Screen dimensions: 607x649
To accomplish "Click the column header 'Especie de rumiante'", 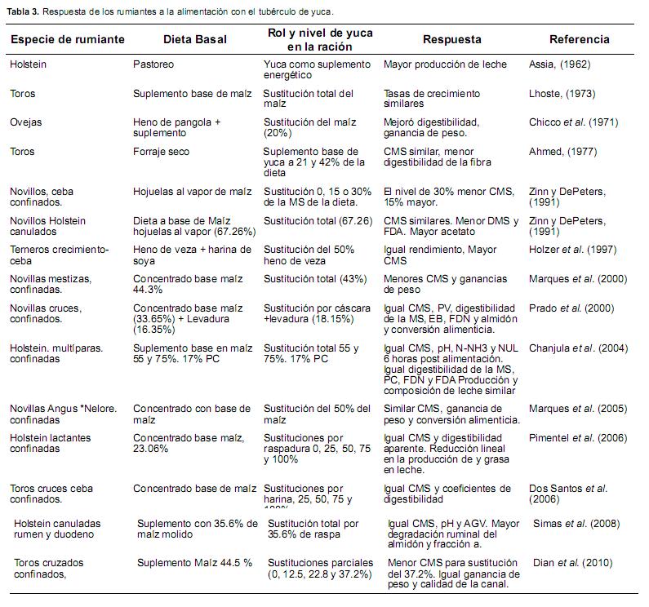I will [67, 39].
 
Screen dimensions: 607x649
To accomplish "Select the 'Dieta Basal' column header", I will [195, 39].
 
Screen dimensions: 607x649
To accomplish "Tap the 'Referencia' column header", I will [579, 39].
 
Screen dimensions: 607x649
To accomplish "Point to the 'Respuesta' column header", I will [451, 39].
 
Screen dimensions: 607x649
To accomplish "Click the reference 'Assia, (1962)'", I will [559, 64].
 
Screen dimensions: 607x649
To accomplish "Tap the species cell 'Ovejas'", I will [25, 122].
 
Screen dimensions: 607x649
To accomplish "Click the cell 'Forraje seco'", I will [162, 151].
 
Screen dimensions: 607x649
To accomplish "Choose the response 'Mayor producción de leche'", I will [445, 64].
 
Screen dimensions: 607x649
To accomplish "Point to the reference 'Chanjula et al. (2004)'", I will [578, 348].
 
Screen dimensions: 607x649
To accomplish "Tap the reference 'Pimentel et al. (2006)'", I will [578, 438].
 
